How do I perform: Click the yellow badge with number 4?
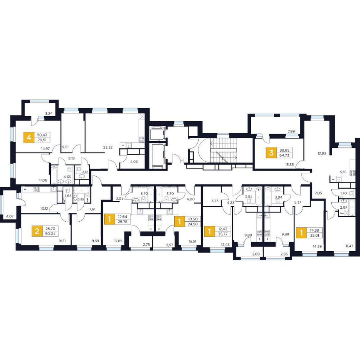[x=29, y=137]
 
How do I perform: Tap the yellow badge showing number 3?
[x=272, y=153]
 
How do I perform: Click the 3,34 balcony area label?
[x=49, y=113]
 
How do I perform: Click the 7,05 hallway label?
[x=319, y=193]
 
